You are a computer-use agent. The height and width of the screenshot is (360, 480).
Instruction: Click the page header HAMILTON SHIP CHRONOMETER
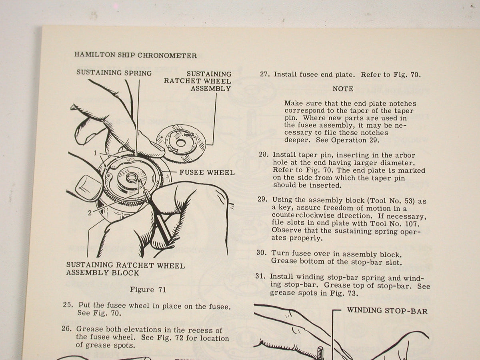coord(135,55)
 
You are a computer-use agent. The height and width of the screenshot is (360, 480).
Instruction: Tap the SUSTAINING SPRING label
coord(114,73)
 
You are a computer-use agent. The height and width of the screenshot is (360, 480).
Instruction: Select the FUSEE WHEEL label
coord(207,173)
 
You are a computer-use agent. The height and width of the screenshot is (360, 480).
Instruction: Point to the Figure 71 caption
coord(148,290)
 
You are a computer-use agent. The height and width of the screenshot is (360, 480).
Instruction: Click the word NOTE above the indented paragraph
coord(343,89)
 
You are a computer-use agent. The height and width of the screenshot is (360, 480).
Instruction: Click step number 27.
coord(265,74)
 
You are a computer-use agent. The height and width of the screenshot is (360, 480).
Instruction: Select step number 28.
coord(264,154)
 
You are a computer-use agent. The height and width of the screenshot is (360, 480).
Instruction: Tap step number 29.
coord(263,200)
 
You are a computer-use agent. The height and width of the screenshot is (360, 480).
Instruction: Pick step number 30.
coord(262,253)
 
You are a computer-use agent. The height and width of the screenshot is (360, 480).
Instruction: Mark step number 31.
coord(260,276)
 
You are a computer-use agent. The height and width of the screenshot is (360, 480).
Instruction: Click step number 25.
coord(68,305)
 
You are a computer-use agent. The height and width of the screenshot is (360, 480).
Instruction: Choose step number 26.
coord(67,328)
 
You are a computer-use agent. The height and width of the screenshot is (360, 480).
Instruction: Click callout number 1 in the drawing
coord(95,153)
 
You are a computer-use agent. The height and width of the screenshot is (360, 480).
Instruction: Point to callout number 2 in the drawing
coord(90,213)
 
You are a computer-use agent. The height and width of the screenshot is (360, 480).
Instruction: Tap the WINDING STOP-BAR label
coord(387,311)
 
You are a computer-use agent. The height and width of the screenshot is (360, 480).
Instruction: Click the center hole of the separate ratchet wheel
coord(181,143)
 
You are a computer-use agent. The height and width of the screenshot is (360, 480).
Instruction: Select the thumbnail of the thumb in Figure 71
coord(88,189)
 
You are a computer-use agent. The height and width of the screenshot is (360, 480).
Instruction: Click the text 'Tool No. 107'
coord(395,224)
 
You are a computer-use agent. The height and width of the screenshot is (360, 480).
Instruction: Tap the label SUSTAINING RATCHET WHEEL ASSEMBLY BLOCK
coord(125,269)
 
